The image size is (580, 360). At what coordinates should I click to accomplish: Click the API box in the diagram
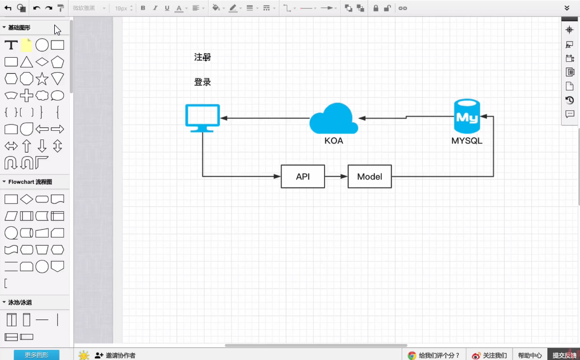click(303, 177)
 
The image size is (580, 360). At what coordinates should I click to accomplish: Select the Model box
click(370, 177)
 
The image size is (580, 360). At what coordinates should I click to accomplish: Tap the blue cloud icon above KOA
click(334, 118)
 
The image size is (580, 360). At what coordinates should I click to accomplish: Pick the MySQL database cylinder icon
click(467, 117)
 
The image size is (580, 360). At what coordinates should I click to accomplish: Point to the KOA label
click(334, 141)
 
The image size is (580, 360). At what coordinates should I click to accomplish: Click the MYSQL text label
click(467, 141)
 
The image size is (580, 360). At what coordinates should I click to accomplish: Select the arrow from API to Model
click(336, 177)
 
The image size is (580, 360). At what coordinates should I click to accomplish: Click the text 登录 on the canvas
click(203, 82)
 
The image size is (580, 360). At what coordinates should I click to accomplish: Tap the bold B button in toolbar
click(143, 8)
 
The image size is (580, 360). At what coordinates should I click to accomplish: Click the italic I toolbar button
click(155, 8)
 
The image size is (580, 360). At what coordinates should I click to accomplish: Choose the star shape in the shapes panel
click(42, 79)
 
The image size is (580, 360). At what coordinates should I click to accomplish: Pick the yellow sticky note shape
click(26, 45)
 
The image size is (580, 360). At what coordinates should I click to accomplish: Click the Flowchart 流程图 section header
click(30, 182)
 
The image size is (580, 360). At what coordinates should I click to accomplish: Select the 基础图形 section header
click(19, 27)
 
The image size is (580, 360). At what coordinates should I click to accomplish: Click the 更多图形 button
click(37, 355)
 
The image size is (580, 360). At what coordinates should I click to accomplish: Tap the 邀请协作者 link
click(115, 355)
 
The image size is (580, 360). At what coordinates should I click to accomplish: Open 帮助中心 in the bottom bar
click(530, 355)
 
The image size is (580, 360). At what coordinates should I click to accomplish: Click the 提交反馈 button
click(564, 355)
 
